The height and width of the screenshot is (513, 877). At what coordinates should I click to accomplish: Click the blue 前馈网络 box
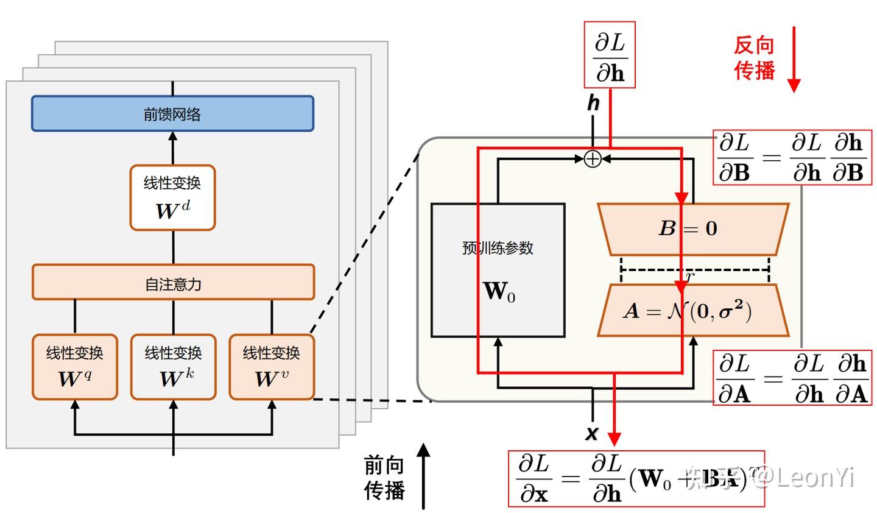point(172,113)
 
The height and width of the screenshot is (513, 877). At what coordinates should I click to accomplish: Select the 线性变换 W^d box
point(172,197)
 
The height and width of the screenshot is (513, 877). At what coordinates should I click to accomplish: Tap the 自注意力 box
point(173,282)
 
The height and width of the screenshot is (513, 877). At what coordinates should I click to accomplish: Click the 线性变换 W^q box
point(75,367)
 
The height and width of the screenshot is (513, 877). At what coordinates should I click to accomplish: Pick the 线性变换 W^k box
point(174,367)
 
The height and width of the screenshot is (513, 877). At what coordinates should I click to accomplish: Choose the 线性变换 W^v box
point(272,367)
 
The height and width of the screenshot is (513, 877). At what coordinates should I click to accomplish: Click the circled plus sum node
point(592,159)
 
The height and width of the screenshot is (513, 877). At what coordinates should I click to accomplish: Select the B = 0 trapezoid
point(693,228)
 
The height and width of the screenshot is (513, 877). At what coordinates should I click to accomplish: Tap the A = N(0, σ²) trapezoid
point(693,311)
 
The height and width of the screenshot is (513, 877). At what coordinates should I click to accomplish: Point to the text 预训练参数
point(498,248)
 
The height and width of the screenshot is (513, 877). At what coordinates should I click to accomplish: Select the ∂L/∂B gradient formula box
point(792,157)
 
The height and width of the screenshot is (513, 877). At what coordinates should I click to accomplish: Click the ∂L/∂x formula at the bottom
point(636,479)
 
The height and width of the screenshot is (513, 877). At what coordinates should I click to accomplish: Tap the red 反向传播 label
point(754,58)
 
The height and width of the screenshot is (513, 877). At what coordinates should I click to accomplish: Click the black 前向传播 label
point(384,478)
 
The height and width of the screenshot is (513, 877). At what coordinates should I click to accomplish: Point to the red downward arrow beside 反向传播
point(794,60)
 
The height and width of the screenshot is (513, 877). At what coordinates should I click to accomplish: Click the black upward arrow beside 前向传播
point(423,476)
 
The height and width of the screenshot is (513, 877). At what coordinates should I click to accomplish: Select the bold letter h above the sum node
point(593,103)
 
